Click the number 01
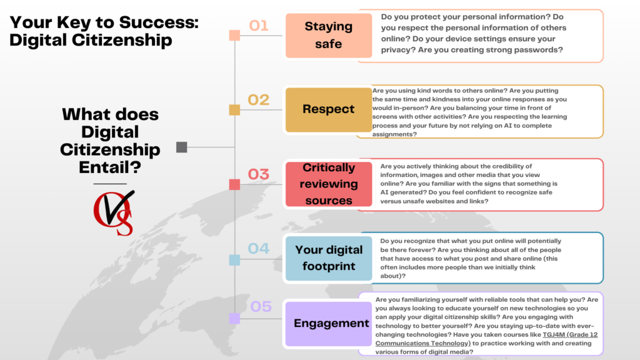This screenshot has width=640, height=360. coord(258,26)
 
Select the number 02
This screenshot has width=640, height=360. coord(258,100)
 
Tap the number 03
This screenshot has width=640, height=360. coord(258,174)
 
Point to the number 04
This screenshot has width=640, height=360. coord(258,249)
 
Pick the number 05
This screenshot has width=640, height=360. coord(261,307)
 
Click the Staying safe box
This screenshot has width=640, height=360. coord(328,36)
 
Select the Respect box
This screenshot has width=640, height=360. coord(328,109)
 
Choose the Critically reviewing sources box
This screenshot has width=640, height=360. coord(328,184)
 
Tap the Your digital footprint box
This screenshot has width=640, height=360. coord(328,258)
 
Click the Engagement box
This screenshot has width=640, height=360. coord(331,323)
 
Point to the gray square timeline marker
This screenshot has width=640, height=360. coord(182,147)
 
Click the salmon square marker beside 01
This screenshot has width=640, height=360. coord(234,36)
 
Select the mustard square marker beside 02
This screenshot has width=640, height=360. coord(234,110)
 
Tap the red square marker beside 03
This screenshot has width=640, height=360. coord(234,184)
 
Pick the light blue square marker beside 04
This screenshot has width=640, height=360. coord(234,259)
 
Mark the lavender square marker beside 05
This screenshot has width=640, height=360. coord(234,319)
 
